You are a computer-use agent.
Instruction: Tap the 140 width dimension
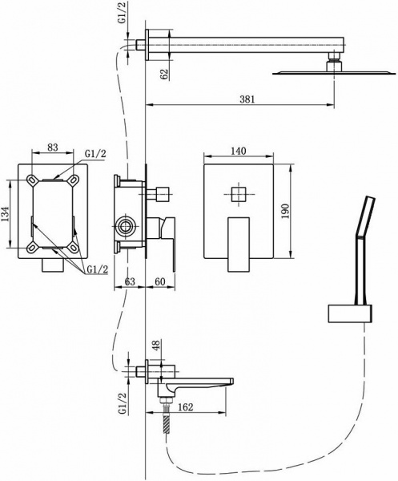click(x=237, y=151)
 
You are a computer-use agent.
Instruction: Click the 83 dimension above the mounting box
click(x=54, y=147)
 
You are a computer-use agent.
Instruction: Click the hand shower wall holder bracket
click(x=349, y=313)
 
